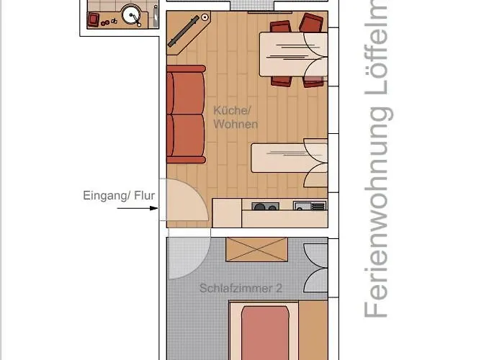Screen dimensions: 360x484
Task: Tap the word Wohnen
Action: coord(235,124)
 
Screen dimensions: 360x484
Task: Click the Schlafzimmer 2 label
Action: coord(240,288)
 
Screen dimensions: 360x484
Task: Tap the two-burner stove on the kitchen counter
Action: coord(265,207)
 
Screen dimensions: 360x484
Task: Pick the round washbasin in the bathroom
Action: coord(130,14)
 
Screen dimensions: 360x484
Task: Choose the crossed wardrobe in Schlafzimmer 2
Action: coord(256,249)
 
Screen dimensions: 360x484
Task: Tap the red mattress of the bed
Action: coord(264,331)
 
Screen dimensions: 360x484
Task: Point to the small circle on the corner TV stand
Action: coord(205,17)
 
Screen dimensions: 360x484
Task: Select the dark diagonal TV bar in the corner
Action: coord(184,32)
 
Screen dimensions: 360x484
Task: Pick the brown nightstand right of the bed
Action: coord(313,328)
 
